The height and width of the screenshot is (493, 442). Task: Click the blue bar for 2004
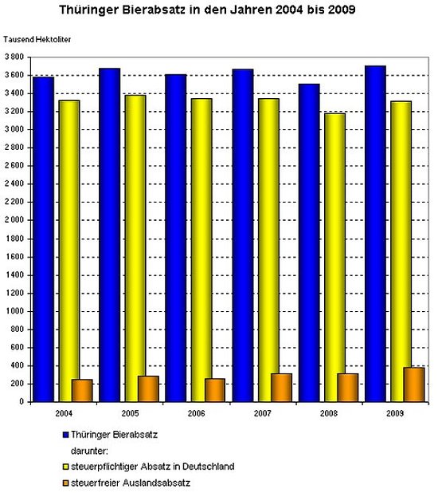[43, 239]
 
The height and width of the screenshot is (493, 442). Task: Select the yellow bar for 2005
[135, 248]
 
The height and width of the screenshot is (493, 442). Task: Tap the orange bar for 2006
[215, 390]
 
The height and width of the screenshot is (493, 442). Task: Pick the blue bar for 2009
[375, 234]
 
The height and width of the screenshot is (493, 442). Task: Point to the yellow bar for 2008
[334, 258]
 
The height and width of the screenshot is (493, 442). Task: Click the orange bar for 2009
[414, 385]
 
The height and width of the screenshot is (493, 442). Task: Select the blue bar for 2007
[243, 235]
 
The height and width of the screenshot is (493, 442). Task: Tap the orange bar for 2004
[82, 391]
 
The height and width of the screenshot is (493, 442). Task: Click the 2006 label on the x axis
[196, 413]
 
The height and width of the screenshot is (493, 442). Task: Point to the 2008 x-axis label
[329, 413]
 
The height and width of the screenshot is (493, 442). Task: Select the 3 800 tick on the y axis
[14, 57]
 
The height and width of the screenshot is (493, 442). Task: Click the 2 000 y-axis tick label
[14, 220]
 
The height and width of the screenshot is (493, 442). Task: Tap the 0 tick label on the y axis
[22, 402]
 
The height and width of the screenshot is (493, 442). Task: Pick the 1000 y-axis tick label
[15, 311]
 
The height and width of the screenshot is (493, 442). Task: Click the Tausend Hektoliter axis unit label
[37, 40]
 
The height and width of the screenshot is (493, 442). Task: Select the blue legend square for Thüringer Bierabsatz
[65, 435]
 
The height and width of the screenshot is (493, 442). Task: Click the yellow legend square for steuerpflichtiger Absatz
[65, 467]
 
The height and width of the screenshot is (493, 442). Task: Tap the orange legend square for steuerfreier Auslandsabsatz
[65, 483]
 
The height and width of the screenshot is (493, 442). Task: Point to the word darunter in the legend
[89, 451]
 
